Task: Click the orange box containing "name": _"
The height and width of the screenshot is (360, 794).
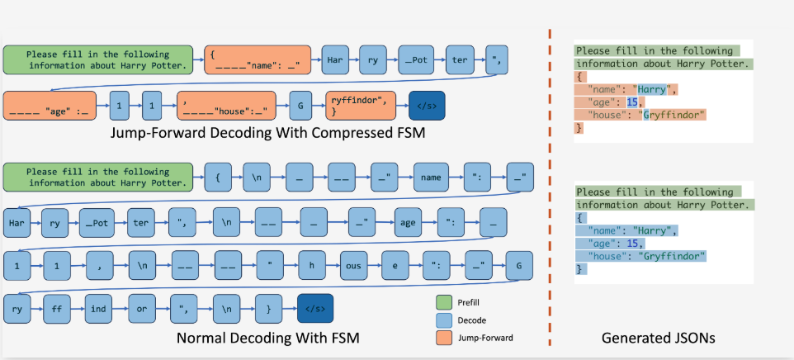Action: click(258, 59)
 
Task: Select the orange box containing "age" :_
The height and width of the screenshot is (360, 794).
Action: click(50, 106)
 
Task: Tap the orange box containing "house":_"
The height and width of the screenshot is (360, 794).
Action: click(226, 106)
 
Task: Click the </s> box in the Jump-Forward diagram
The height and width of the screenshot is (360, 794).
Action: click(427, 106)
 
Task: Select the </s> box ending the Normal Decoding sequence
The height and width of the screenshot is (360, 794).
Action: click(315, 308)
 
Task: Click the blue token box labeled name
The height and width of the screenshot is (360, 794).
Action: click(431, 178)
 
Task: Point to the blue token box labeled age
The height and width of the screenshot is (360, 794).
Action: click(408, 223)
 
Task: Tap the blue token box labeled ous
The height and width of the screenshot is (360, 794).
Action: click(353, 265)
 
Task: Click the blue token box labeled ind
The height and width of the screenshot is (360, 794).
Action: click(98, 308)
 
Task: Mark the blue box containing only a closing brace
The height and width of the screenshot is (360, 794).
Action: click(268, 308)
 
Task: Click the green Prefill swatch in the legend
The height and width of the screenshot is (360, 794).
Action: click(443, 303)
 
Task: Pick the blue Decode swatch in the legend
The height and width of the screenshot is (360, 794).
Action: click(443, 320)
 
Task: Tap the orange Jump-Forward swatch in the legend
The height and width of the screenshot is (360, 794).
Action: click(443, 338)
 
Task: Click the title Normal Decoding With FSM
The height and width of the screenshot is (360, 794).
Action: click(268, 338)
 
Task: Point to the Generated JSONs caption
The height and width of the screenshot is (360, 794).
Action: click(659, 339)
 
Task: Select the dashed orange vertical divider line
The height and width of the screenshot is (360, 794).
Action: click(550, 187)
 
